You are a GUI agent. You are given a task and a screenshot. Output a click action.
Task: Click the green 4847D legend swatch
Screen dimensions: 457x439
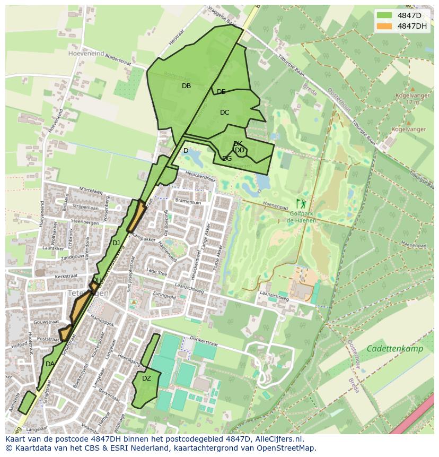(385, 15)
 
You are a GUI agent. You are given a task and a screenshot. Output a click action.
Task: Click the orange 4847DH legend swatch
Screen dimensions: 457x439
(385, 26)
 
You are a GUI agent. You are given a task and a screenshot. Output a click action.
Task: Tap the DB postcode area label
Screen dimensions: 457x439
(186, 86)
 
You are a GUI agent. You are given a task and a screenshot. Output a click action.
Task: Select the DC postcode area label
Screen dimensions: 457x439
(224, 113)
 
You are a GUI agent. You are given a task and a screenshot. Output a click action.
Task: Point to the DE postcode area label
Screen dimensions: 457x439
(221, 92)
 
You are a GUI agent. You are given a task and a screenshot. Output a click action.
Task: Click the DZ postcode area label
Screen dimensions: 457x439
(146, 378)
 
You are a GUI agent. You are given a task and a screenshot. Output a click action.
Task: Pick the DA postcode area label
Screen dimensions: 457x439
(50, 364)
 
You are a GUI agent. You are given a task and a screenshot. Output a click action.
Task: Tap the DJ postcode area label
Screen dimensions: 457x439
(116, 243)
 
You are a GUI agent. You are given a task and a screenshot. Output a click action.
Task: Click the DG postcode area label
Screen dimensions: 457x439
(227, 159)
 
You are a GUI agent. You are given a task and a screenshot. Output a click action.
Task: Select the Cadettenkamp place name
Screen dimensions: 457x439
(394, 349)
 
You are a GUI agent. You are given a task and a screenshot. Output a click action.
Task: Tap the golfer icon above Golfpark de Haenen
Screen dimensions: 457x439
(301, 203)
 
